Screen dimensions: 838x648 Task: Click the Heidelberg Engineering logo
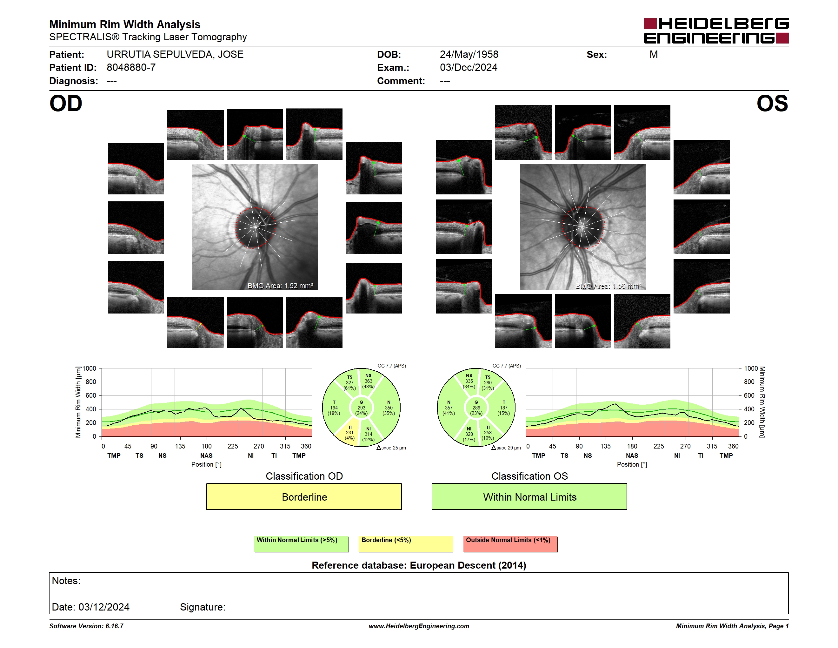coord(716,31)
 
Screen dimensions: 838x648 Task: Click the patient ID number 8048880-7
coord(131,68)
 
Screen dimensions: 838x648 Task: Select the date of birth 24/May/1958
coord(469,55)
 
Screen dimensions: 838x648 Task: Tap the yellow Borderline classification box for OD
coord(304,496)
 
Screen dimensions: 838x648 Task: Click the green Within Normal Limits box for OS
coord(529,496)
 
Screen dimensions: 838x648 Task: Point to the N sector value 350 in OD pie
coord(389,408)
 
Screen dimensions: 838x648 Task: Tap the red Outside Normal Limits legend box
coord(510,544)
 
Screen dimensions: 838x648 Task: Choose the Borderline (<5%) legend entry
coord(406,544)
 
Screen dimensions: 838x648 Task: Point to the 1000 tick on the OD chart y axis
coord(90,368)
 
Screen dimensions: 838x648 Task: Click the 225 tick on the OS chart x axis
coord(658,446)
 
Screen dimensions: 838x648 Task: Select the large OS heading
coord(772,103)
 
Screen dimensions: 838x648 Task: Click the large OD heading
coord(66,103)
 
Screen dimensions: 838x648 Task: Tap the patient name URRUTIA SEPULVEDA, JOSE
coord(175,55)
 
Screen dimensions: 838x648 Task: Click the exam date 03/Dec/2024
coord(469,68)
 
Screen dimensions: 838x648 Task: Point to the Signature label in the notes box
coord(203,607)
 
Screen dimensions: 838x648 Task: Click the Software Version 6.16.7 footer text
coord(86,626)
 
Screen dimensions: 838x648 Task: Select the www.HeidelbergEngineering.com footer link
coord(419,626)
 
